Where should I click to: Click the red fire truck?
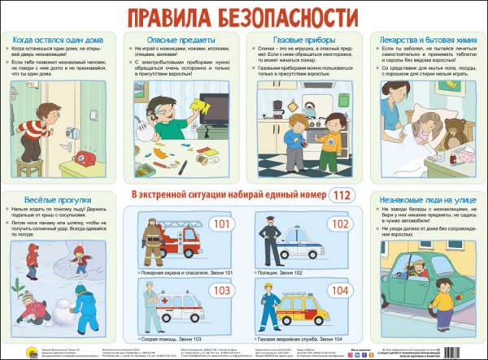181,240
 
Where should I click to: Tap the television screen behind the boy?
215,108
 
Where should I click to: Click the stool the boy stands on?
30,167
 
